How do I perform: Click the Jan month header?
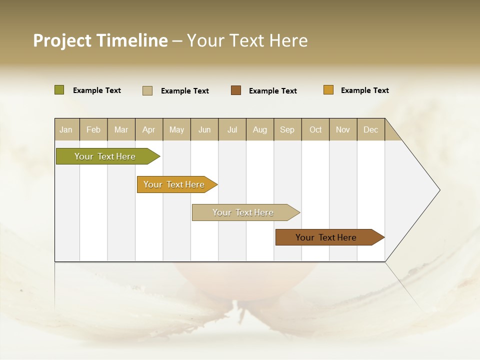coord(66,129)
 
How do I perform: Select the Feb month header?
coord(93,129)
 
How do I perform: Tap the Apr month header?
coord(148,129)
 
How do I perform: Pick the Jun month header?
coord(204,129)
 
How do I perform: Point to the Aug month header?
coord(260,129)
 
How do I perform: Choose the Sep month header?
coord(287,129)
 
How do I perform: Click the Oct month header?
coord(315,129)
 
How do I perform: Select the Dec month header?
coord(370,129)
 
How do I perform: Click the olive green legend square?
coord(59,90)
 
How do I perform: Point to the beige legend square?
coord(147,90)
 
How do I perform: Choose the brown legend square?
coord(236,90)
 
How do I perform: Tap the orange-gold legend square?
coord(328,90)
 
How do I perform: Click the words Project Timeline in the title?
coord(100,40)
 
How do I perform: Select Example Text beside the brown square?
coord(273,91)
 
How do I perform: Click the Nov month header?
coord(343,129)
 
